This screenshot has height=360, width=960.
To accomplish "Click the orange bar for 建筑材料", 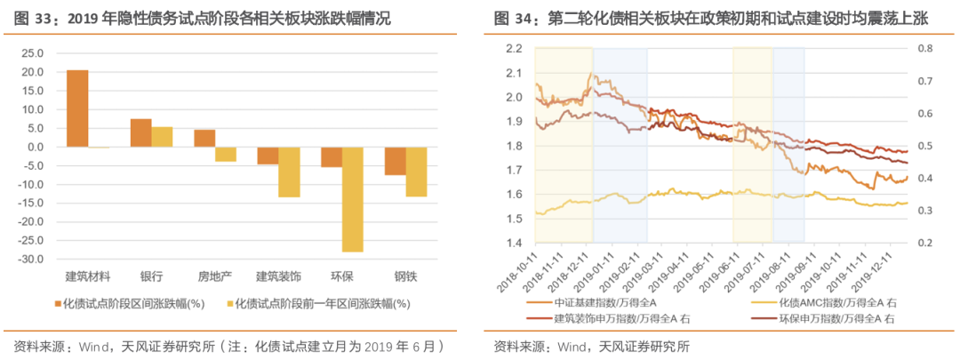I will coord(77,108).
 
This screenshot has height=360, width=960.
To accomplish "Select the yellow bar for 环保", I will coord(353,199).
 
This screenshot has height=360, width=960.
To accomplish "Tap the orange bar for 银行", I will coord(141,132).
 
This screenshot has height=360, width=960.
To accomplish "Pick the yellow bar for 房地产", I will coord(226,154).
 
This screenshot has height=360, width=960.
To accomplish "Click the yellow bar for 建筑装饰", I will coord(289,172).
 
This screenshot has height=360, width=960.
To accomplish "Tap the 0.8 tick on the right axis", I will coord(924,49).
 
